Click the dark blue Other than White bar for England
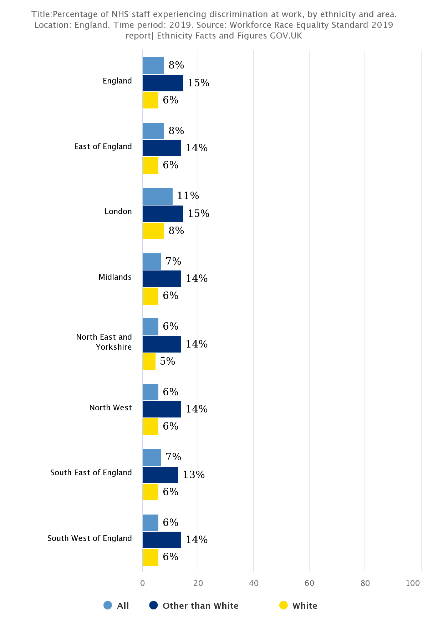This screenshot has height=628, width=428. click(x=163, y=83)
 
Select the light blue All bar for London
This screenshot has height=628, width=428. click(x=157, y=196)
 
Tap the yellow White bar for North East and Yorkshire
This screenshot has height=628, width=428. click(x=149, y=361)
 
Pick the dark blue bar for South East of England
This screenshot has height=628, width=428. click(x=160, y=475)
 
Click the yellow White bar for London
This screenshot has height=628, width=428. click(x=153, y=231)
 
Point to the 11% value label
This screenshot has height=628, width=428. click(x=188, y=196)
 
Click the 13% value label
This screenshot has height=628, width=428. click(x=194, y=475)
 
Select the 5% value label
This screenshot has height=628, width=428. click(x=167, y=361)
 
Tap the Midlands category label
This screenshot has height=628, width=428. click(x=115, y=277)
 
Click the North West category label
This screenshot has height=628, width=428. click(x=110, y=408)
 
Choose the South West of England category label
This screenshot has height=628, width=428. click(x=90, y=538)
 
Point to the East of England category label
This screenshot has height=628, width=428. click(x=103, y=147)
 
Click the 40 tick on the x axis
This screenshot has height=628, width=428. click(x=254, y=583)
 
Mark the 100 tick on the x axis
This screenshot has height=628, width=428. click(x=413, y=583)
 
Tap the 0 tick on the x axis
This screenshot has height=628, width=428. click(x=142, y=583)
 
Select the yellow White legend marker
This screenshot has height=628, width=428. click(x=284, y=606)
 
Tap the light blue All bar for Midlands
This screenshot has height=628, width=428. click(x=152, y=262)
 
